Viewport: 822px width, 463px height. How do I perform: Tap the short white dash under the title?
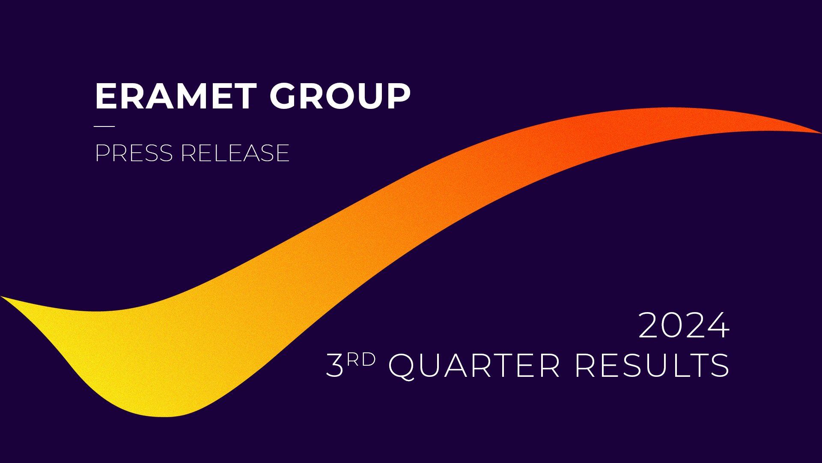[x=104, y=126]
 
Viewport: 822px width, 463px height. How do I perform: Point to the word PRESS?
[x=134, y=153]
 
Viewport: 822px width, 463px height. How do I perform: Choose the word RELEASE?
[x=235, y=153]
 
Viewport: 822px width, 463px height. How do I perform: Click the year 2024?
[x=684, y=325]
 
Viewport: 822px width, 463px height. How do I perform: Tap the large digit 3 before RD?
[x=335, y=365]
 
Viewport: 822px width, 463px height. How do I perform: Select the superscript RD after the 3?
[x=361, y=360]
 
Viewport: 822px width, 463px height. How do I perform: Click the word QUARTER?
[x=474, y=366]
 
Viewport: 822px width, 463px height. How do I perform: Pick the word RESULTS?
[x=652, y=365]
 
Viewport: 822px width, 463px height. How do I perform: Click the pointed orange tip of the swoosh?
[x=821, y=133]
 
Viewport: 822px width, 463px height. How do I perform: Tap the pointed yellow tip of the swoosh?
[x=1, y=296]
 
